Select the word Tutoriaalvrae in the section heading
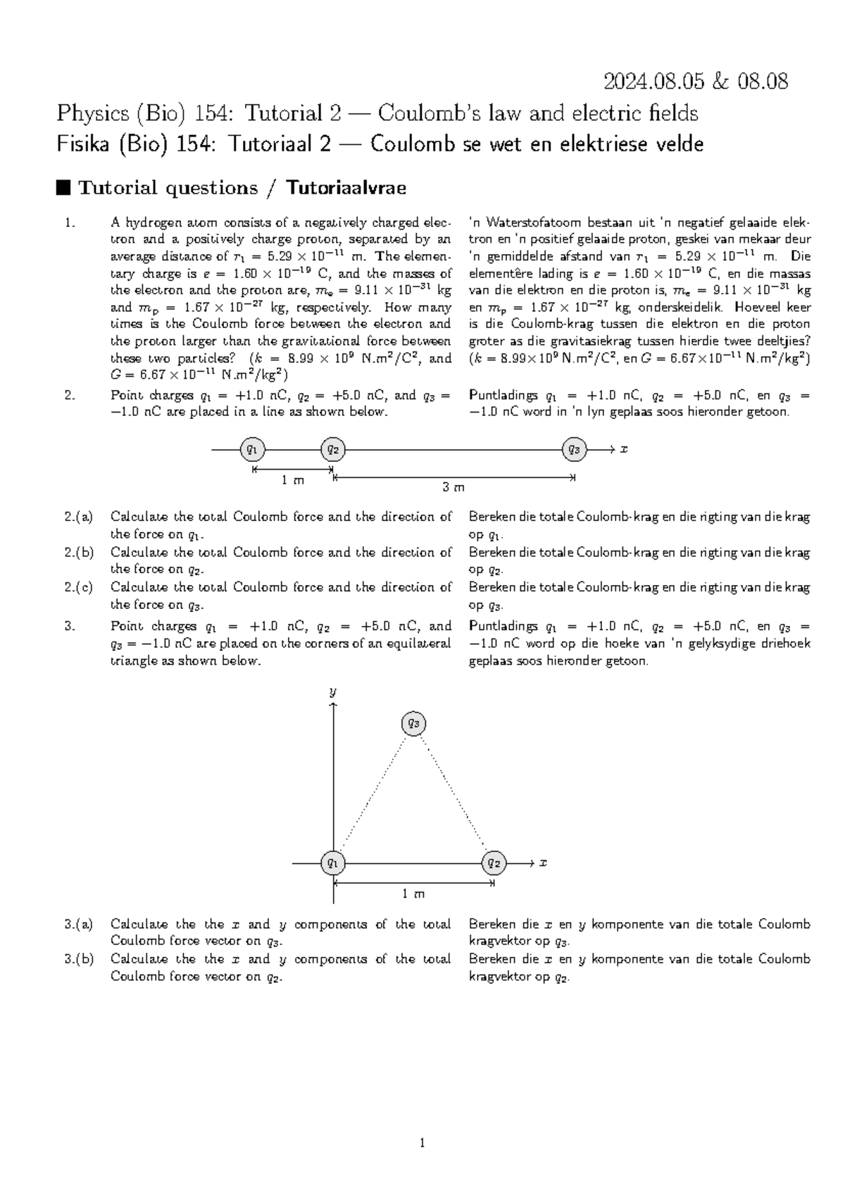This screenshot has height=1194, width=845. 346,188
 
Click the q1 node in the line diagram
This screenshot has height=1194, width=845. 252,449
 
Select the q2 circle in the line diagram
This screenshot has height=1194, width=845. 332,449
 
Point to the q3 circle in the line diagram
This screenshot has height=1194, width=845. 574,449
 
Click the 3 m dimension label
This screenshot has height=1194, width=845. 453,487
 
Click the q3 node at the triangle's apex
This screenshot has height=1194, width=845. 413,723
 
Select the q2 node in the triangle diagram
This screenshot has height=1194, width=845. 494,862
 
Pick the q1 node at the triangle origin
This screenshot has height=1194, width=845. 332,862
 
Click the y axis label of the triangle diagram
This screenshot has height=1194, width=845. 333,692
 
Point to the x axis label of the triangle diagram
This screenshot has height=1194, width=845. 543,862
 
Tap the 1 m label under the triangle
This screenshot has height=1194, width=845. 413,893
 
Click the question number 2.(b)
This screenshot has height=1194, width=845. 78,553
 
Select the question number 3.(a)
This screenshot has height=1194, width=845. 78,924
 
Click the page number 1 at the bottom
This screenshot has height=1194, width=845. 422,1143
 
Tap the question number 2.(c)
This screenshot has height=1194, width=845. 78,588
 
